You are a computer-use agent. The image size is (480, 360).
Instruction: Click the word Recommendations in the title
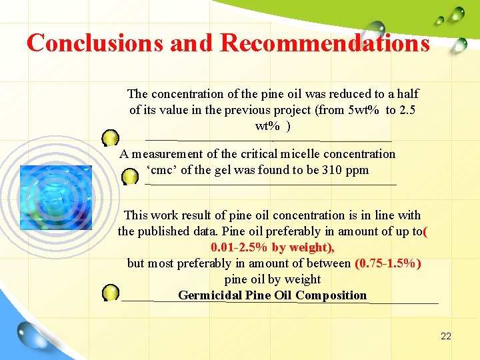coord(325,43)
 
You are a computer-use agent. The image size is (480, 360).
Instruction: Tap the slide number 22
coord(446,336)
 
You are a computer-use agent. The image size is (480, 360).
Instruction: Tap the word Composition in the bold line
coord(331,295)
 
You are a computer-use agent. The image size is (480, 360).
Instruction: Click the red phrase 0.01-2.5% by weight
coord(272,247)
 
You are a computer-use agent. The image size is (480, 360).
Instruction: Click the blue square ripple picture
coord(56,197)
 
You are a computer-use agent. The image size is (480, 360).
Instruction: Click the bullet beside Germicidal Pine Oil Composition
coord(111,292)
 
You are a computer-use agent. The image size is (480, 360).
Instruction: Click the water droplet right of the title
coord(459,45)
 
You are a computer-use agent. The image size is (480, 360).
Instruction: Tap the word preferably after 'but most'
coord(204,263)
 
